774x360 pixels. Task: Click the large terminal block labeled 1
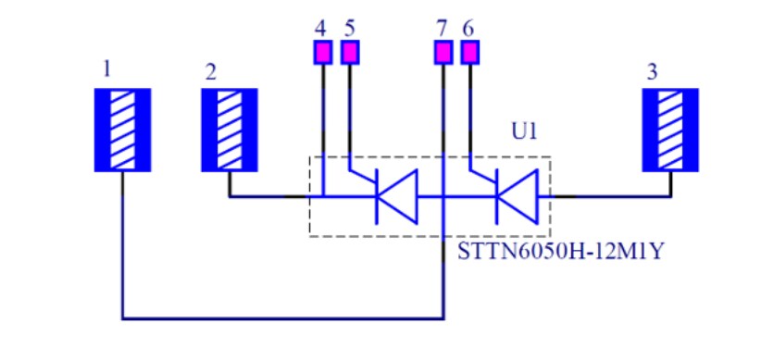[x=122, y=130]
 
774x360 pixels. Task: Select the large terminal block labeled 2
[x=230, y=130]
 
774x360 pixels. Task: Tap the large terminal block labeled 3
[x=671, y=130]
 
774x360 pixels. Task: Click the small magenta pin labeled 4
[x=321, y=53]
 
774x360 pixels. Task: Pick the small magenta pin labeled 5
[x=349, y=53]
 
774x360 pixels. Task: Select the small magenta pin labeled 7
[x=443, y=53]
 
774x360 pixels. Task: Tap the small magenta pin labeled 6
[x=470, y=53]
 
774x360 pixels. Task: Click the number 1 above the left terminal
[x=108, y=69]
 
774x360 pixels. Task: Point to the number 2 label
[x=211, y=72]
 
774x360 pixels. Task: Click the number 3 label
[x=653, y=72]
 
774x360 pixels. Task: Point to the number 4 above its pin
[x=320, y=27]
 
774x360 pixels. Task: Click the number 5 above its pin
[x=349, y=27]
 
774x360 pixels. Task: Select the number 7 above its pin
[x=442, y=27]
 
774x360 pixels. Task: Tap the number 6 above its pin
[x=468, y=27]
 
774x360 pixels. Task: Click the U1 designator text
[x=524, y=131]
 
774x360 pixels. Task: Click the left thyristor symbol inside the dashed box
[x=393, y=196]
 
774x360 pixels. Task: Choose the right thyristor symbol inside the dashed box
[x=516, y=196]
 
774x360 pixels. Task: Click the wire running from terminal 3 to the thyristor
[x=611, y=196]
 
